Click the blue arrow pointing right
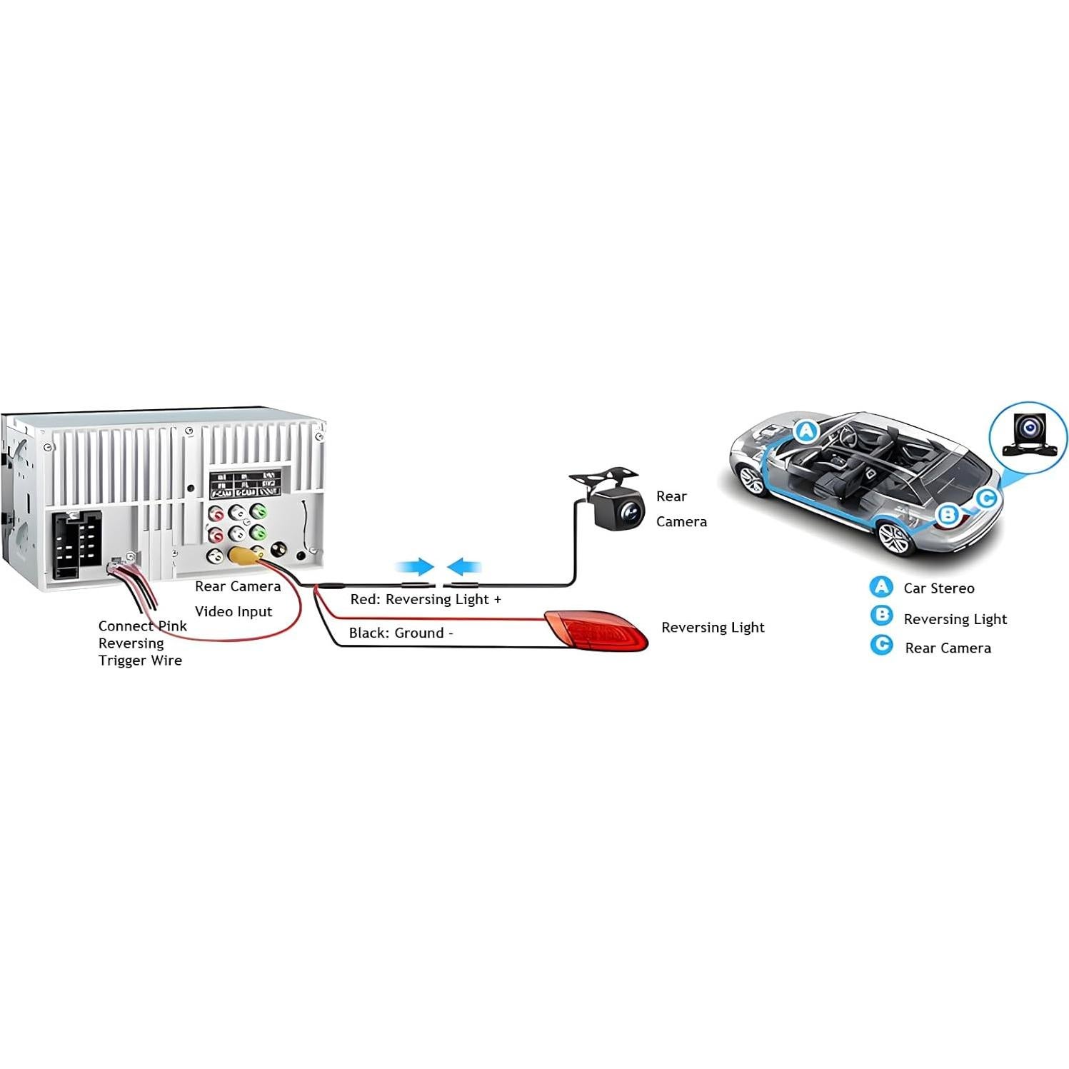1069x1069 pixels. [x=416, y=567]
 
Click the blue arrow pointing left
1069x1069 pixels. [x=464, y=567]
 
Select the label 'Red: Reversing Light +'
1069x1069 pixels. [x=426, y=600]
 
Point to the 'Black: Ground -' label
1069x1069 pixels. [x=401, y=633]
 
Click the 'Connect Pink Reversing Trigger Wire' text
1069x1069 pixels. [x=141, y=643]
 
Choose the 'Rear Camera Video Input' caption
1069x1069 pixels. [x=237, y=599]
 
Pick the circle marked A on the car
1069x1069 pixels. [x=806, y=431]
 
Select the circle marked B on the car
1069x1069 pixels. [x=948, y=514]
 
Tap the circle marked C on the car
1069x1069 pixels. [x=986, y=498]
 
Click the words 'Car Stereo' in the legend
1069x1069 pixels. [x=938, y=588]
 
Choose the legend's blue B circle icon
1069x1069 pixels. [x=882, y=616]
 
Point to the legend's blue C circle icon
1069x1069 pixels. [x=882, y=646]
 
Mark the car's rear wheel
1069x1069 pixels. [x=894, y=537]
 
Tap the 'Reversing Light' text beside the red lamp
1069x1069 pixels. [x=712, y=628]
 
